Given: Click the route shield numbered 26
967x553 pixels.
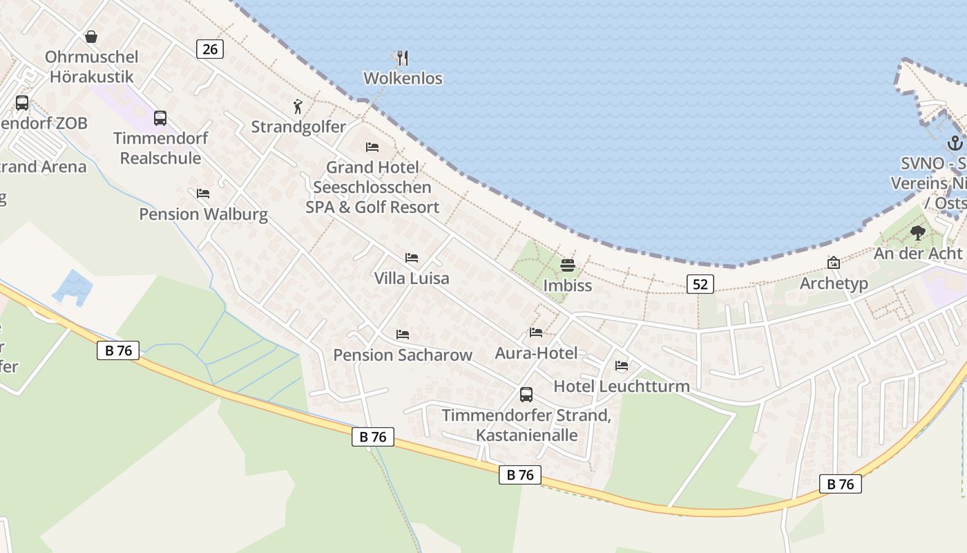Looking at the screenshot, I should click(x=210, y=48).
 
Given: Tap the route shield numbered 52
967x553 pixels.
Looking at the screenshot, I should click(x=700, y=283).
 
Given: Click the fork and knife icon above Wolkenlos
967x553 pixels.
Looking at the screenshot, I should click(x=403, y=57).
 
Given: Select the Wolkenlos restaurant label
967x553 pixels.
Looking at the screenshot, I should click(x=403, y=78).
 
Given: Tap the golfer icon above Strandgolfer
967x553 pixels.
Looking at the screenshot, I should click(x=298, y=106).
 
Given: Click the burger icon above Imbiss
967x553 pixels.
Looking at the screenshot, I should click(x=568, y=265).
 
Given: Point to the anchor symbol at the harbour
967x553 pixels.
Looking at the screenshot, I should click(x=955, y=143).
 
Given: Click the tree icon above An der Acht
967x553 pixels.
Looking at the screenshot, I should click(x=917, y=233).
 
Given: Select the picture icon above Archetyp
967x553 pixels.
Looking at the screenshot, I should click(x=834, y=263).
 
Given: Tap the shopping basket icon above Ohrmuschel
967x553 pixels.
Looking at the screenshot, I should click(x=91, y=37).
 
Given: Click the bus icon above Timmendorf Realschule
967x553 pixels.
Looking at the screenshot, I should click(x=160, y=118).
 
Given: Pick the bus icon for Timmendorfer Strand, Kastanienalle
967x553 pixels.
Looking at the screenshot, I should click(x=526, y=395).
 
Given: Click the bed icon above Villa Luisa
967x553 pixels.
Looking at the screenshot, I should click(x=412, y=258).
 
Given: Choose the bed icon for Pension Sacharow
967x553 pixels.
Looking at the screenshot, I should click(x=403, y=335).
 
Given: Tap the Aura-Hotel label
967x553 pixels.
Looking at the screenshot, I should click(x=536, y=353).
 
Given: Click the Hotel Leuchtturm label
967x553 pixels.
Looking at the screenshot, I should click(x=622, y=386).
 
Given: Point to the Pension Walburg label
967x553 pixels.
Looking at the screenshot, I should click(x=203, y=214).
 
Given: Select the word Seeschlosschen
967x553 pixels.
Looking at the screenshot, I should click(x=372, y=187).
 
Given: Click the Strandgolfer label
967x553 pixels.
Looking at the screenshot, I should click(x=298, y=127).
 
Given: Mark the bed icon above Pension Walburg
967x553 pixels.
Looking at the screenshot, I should click(x=203, y=194).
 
